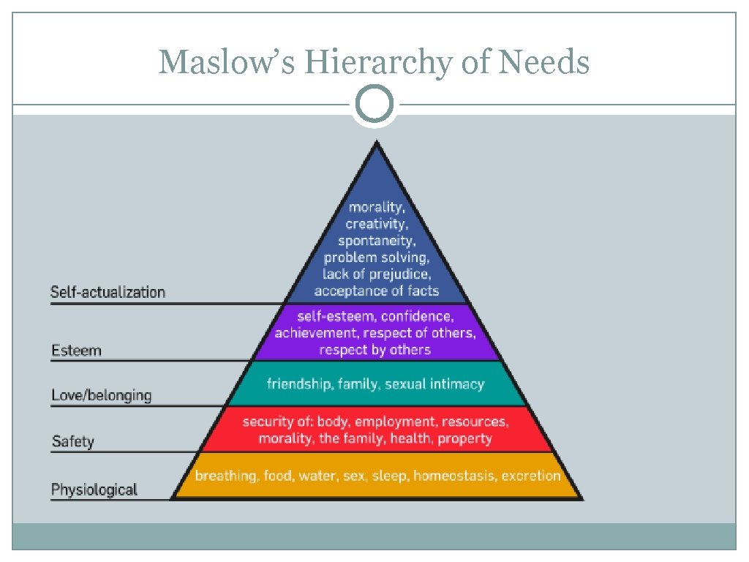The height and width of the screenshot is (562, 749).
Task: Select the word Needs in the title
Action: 544,61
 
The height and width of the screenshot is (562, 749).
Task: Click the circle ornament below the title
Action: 374,105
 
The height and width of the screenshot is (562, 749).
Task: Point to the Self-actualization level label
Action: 108,293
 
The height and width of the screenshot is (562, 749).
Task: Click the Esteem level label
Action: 76,351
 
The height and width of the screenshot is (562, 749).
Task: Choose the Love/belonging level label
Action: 101,396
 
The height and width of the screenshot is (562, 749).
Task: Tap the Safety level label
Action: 72,441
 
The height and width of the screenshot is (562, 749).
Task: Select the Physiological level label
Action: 94,490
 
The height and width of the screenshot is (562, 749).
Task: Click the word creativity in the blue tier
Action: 377,224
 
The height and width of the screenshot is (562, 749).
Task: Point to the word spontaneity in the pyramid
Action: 377,241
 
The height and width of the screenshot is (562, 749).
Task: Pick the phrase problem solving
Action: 377,258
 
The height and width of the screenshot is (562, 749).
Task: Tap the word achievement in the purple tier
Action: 312,334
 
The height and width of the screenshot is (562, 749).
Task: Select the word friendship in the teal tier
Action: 296,384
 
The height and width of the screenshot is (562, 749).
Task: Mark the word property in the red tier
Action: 465,439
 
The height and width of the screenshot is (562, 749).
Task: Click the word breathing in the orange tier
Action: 226,476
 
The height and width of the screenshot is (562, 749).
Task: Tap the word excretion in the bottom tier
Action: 531,476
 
